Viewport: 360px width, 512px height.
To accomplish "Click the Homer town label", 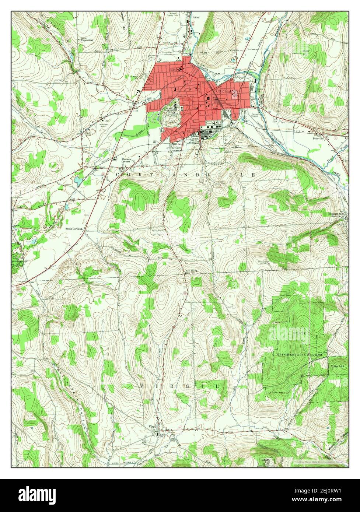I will [195, 17].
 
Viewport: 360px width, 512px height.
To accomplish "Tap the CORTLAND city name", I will [225, 91].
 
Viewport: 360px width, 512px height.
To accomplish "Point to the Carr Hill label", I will [305, 52].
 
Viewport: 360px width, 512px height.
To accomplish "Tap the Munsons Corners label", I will [127, 161].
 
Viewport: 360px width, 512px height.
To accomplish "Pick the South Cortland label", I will [74, 229].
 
